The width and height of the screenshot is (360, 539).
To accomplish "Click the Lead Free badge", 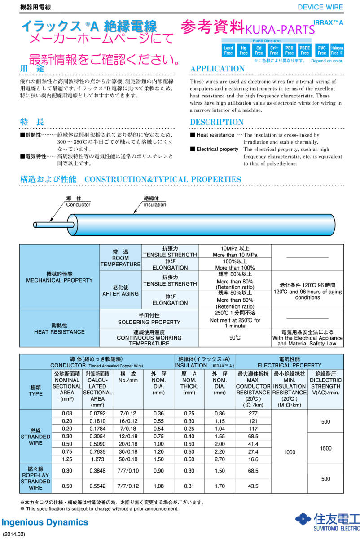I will pyautogui.click(x=228, y=50).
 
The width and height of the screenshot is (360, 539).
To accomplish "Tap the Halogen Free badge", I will pyautogui.click(x=337, y=50).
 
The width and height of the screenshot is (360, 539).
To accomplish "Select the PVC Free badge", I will pyautogui.click(x=322, y=50).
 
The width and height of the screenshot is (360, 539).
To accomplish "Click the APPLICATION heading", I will pyautogui.click(x=217, y=69).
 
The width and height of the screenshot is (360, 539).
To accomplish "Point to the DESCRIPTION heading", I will pyautogui.click(x=217, y=122).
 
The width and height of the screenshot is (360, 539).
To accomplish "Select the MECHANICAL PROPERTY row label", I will pyautogui.click(x=59, y=277).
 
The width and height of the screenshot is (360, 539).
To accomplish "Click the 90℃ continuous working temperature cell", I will pyautogui.click(x=234, y=337).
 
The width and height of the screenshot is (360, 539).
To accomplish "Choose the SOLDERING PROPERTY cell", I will pyautogui.click(x=149, y=319).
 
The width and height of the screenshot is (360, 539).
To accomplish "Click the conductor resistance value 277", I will pyautogui.click(x=253, y=413).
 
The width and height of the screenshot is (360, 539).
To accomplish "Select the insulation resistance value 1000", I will pyautogui.click(x=290, y=452).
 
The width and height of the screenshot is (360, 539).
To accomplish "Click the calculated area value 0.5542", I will pyautogui.click(x=97, y=486).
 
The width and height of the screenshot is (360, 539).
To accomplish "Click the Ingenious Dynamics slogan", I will pyautogui.click(x=45, y=522).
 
